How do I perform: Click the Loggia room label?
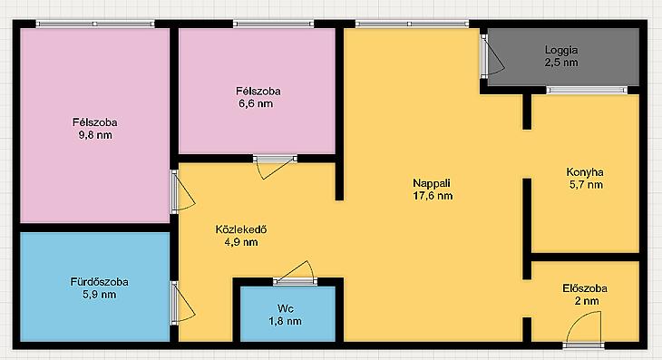click(561, 50)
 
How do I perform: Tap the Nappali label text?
click(432, 183)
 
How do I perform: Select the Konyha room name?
click(585, 172)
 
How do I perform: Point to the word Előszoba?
click(585, 288)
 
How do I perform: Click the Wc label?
click(286, 308)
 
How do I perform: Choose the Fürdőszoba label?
click(99, 281)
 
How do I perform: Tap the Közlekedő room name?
click(241, 229)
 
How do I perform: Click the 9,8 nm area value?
click(95, 135)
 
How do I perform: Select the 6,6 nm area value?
click(256, 103)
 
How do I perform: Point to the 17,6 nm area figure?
click(433, 196)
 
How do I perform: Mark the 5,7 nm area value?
click(586, 185)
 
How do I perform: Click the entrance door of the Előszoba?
click(583, 329)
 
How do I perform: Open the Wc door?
click(295, 274)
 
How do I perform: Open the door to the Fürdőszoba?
click(181, 303)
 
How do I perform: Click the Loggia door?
click(492, 56)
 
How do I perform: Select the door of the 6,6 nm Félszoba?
click(275, 166)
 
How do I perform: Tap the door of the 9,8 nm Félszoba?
click(181, 191)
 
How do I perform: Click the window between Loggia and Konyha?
click(587, 90)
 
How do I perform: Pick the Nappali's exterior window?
click(412, 24)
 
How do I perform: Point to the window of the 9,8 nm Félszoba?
click(95, 24)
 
